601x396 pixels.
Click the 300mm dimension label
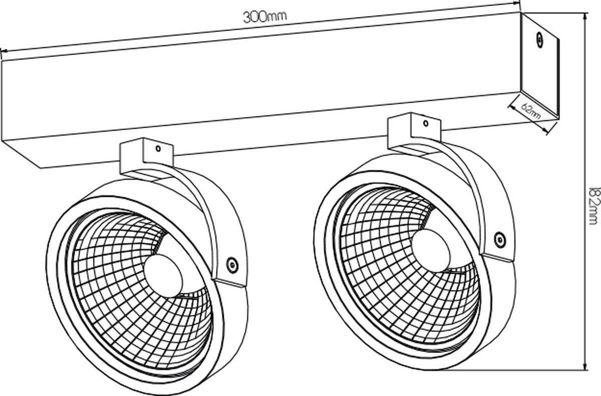265,17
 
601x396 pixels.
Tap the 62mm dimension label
530,111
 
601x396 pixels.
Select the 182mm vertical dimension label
594,206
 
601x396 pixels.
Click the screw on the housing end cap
539,40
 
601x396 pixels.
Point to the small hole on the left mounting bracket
158,148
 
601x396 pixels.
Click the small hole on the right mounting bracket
426,123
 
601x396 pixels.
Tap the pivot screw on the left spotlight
232,265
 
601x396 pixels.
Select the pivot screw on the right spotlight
500,240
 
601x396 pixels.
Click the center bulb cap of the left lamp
163,276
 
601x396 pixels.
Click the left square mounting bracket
146,156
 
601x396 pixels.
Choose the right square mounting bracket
414,131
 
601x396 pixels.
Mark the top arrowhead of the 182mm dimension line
585,16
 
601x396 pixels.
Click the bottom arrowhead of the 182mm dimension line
585,366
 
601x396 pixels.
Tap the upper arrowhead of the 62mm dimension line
511,107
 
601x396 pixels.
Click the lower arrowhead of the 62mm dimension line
546,131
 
